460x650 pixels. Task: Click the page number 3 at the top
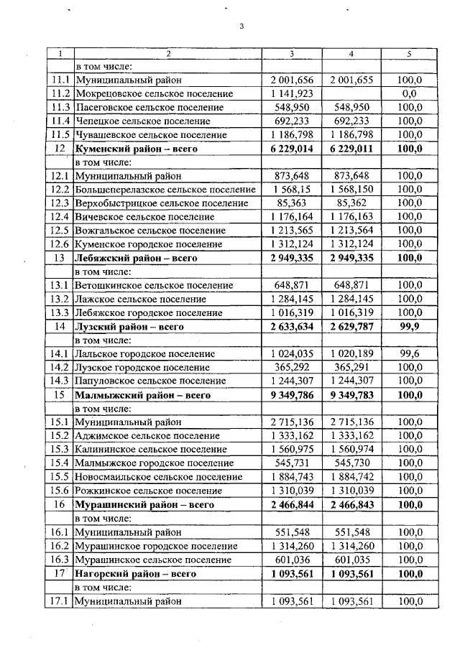click(x=241, y=27)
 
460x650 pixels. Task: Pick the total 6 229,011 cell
click(x=351, y=148)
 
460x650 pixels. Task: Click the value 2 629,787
click(x=351, y=326)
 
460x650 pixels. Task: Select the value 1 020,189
click(x=351, y=353)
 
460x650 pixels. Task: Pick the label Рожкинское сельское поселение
click(x=149, y=491)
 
